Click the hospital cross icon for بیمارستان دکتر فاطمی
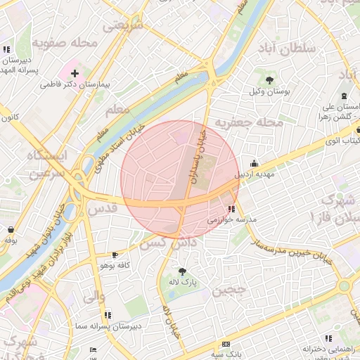75,73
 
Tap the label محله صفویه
67,43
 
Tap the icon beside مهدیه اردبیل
254,163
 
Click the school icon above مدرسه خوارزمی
231,208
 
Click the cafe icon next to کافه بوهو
115,255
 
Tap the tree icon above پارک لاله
183,271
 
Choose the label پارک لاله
182,282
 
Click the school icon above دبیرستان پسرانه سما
108,315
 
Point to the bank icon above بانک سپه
226,344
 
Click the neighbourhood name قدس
99,209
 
